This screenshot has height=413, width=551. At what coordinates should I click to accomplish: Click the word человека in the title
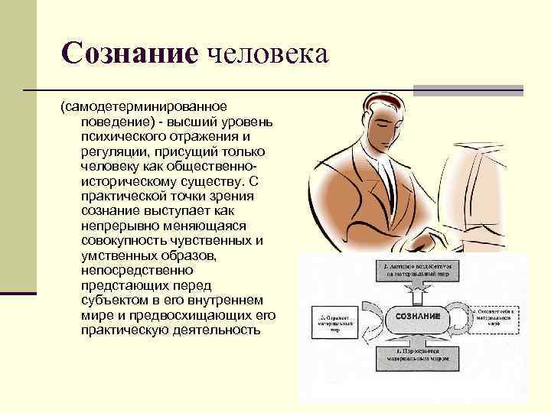(263, 54)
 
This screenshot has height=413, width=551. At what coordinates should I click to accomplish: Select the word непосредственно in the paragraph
(131, 270)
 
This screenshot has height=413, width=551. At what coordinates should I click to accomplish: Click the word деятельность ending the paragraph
(207, 330)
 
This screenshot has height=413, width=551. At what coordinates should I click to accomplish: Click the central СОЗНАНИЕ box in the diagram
(417, 316)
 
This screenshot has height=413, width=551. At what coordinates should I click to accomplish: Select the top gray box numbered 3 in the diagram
(417, 269)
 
